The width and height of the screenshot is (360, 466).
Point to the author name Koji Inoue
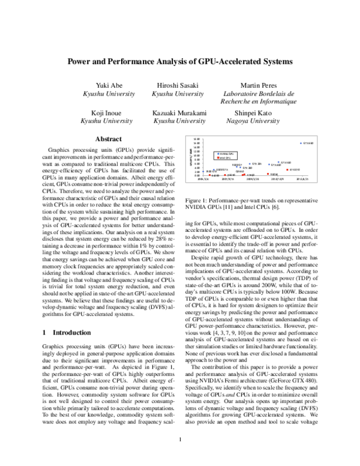[108, 112]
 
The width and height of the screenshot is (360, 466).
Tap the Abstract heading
[109, 139]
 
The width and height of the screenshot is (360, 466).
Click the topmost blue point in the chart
[300, 143]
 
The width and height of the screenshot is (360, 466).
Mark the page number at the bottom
[180, 455]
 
